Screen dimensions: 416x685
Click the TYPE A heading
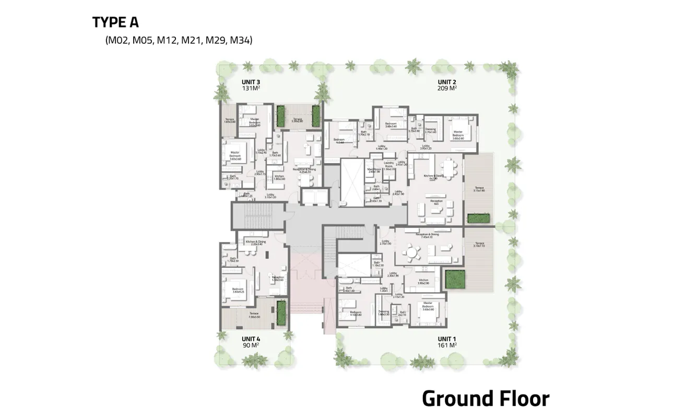pos(115,22)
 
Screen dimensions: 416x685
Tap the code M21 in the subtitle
pos(192,40)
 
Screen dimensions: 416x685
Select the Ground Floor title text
pos(485,398)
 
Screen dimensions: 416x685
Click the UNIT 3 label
pos(251,82)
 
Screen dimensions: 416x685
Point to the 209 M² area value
pos(447,88)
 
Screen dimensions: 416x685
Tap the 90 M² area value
pos(251,345)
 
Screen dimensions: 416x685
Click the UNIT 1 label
pos(447,338)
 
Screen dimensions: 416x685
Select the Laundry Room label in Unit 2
pos(388,166)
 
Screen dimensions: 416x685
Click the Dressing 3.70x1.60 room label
pos(430,131)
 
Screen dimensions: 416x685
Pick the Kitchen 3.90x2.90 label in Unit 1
pos(423,282)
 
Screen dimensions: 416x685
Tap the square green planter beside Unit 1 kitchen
pos(454,280)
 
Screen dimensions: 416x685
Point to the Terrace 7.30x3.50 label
pos(254,315)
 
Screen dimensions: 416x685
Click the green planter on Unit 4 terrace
pos(281,312)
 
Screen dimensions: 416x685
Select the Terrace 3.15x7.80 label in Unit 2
pos(479,189)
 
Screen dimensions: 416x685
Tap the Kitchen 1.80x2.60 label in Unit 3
pos(279,178)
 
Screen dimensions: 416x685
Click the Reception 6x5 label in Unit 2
pos(436,202)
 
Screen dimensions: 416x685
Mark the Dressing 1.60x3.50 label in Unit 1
pos(384,313)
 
